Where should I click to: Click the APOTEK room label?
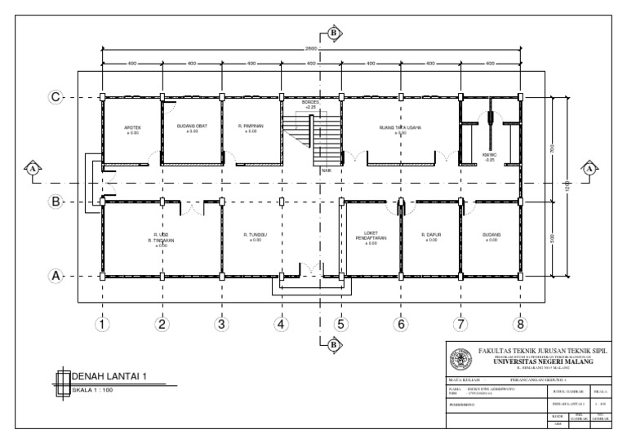coord(131,126)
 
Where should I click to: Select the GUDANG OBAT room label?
coord(193,126)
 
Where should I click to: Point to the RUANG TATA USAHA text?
coord(400,127)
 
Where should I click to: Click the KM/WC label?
coord(490,155)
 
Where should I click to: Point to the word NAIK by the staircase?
coord(325,170)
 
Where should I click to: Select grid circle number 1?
coord(102,324)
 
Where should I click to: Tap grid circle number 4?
coord(281,324)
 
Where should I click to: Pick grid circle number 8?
coord(520,324)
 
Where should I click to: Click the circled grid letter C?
coord(56,97)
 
